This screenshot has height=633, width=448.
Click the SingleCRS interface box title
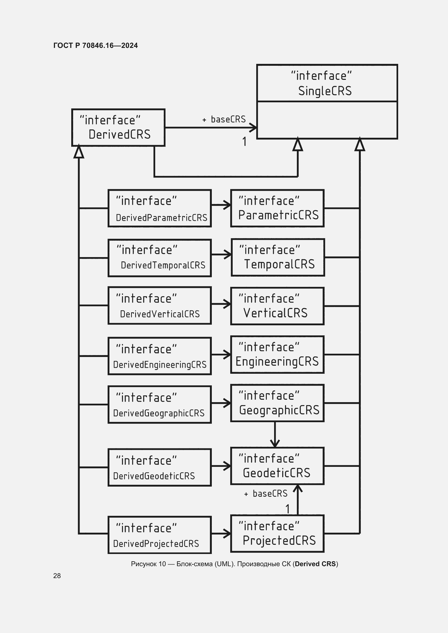[327, 83]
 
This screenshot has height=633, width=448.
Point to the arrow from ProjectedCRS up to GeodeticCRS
[298, 500]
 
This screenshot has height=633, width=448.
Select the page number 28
[57, 576]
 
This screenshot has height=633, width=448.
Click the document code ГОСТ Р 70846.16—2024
[95, 45]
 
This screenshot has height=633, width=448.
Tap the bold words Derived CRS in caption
[315, 564]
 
